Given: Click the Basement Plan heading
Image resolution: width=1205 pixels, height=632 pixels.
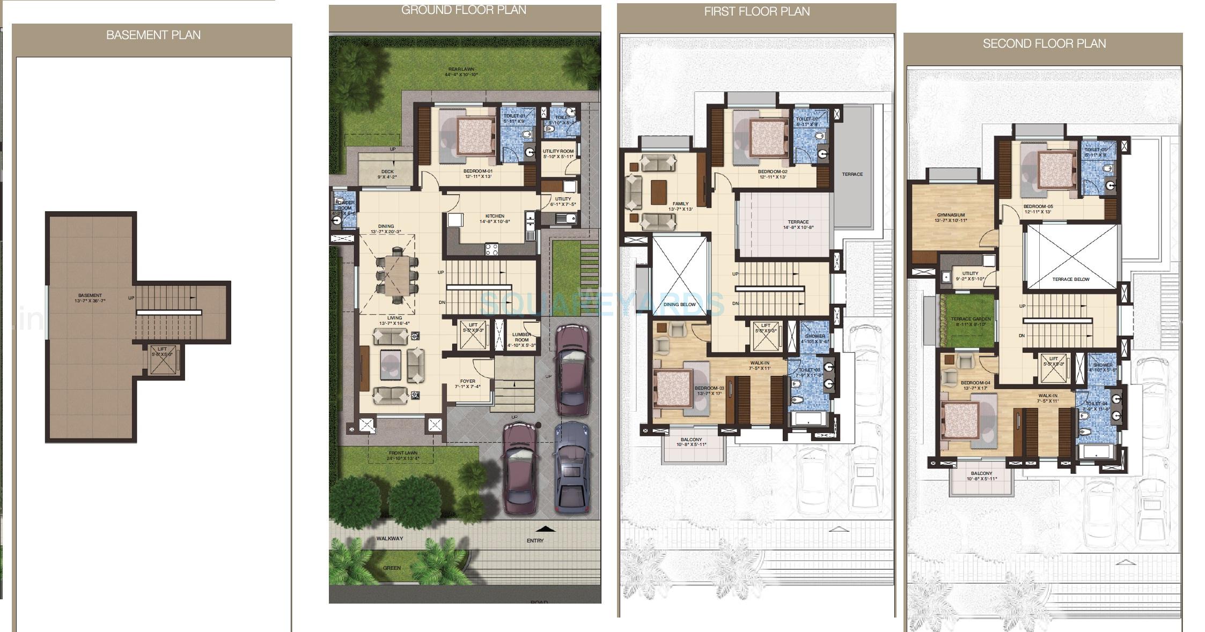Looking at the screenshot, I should coord(153,35).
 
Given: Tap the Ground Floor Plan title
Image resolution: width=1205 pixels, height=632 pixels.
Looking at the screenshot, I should coord(464,10).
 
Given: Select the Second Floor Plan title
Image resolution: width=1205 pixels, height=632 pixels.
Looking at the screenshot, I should coord(1044,44).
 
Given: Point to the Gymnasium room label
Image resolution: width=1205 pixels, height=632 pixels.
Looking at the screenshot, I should coord(950,215).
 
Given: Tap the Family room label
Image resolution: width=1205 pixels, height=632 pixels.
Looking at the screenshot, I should coord(680,204).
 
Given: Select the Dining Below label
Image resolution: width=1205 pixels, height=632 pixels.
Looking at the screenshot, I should coord(679,304).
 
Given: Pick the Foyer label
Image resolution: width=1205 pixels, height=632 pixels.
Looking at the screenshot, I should coord(467,382).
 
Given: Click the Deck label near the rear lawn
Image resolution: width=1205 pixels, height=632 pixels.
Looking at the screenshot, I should coord(387,172).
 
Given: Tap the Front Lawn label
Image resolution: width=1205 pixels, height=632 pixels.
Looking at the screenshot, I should coord(403,453).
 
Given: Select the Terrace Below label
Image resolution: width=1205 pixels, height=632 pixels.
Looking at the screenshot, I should coord(1070,279).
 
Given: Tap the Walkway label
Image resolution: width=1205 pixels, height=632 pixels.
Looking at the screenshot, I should coord(390,539).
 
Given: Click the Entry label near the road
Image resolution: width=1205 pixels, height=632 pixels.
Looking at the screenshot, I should coord(535,541).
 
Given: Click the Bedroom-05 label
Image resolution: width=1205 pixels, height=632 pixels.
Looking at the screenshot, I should coord(1038,207).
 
